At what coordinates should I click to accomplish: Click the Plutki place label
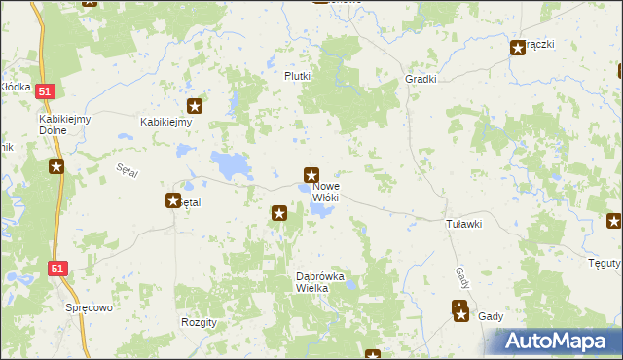pos(297,76)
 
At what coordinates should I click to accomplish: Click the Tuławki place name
pos(464,224)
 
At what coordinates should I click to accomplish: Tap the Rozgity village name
pos(199,321)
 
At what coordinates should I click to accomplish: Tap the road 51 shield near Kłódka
pos(46,91)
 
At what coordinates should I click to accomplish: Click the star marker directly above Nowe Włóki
pos(311,176)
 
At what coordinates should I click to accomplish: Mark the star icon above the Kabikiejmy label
pos(195,107)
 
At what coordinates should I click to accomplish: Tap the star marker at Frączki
pos(518,48)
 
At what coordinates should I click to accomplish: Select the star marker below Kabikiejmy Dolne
pos(56,166)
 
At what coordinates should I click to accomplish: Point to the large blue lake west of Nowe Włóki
pos(231,165)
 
